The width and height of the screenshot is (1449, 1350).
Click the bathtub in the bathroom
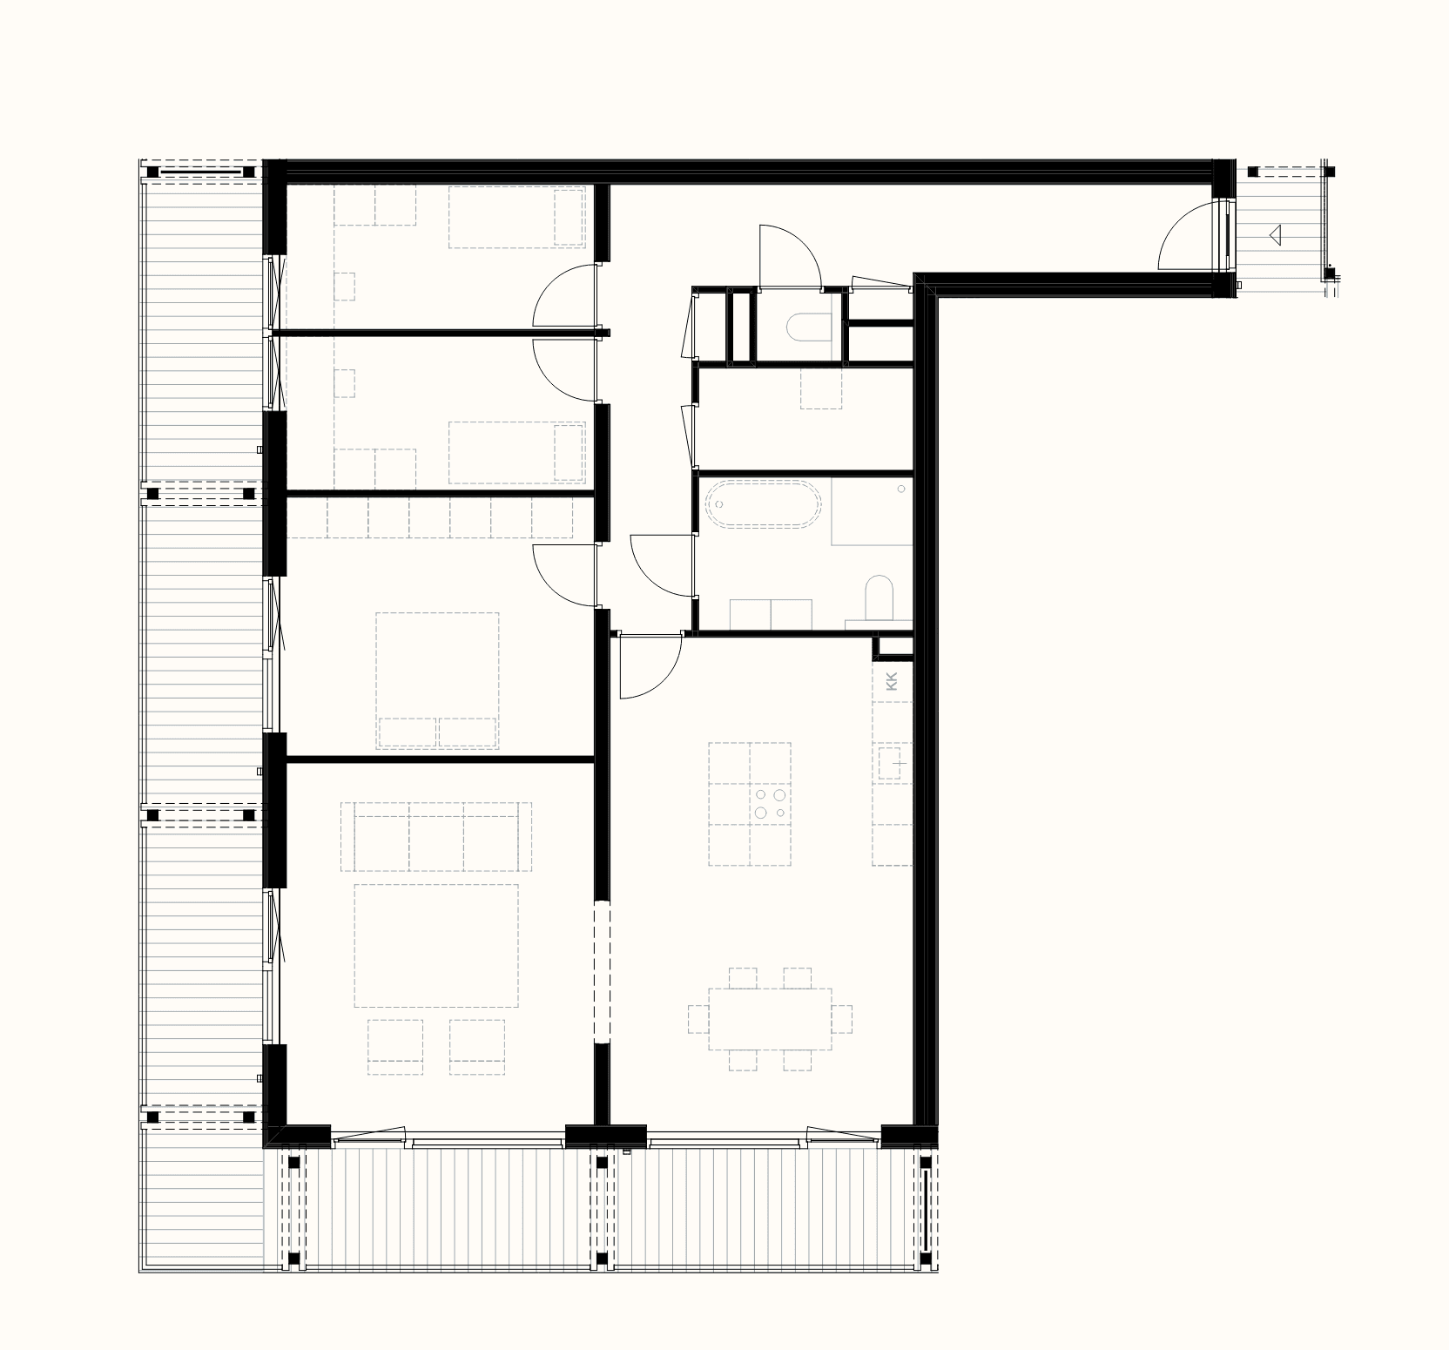tap(763, 506)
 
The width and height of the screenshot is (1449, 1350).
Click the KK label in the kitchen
tap(890, 681)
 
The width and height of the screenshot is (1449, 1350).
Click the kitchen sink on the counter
tap(893, 763)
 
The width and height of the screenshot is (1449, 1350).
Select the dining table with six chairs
tap(770, 1018)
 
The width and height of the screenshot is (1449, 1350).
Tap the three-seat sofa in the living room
tap(435, 836)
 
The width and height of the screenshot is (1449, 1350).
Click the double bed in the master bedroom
tap(437, 680)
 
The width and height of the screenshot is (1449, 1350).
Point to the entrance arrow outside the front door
tap(1276, 234)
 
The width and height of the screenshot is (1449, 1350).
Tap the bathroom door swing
tap(662, 565)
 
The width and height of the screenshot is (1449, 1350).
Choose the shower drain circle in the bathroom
tap(901, 489)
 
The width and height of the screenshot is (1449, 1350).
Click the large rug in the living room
tap(436, 945)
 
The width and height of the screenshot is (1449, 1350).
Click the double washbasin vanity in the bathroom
tap(771, 613)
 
